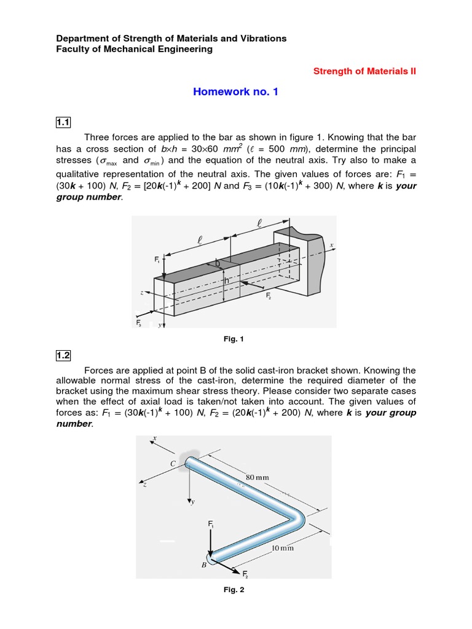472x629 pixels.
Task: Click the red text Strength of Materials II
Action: click(x=364, y=71)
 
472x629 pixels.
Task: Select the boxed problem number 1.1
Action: click(x=63, y=123)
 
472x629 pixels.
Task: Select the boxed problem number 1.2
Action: click(x=63, y=355)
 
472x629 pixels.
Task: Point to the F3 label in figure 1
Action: click(x=139, y=322)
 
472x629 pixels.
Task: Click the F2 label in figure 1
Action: click(x=269, y=296)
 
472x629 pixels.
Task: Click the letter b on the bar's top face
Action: click(x=217, y=264)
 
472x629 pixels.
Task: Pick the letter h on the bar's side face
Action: click(x=227, y=281)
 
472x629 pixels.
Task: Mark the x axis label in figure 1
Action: click(x=331, y=245)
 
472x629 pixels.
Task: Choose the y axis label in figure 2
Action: click(x=192, y=502)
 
